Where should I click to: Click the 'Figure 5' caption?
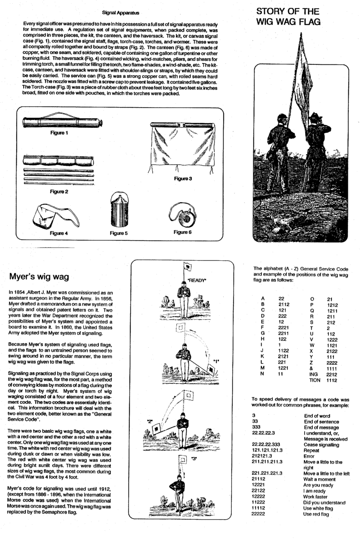[119, 233]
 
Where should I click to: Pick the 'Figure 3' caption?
[184, 178]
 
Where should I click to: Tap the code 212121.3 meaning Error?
[264, 455]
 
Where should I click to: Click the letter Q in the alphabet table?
[312, 310]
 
